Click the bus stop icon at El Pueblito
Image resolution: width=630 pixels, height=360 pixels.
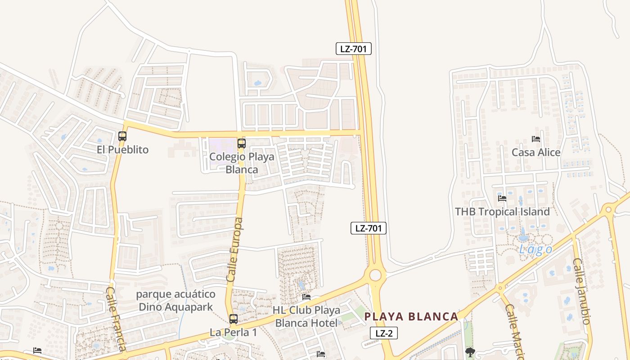tap(122, 136)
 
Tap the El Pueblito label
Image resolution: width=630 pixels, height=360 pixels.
tap(122, 150)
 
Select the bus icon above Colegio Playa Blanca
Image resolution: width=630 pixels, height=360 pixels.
tap(242, 144)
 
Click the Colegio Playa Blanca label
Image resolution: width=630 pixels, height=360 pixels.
tap(242, 163)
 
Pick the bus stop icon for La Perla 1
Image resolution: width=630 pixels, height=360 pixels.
tap(233, 319)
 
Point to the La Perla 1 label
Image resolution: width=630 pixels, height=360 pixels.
tap(233, 333)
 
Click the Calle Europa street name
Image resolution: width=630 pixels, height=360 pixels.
tap(234, 250)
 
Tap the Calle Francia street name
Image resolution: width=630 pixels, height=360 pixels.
tap(115, 319)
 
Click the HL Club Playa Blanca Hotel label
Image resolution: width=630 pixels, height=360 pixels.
tap(306, 317)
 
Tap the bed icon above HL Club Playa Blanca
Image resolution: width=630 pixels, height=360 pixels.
tap(306, 297)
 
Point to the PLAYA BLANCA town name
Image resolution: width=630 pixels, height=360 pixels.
tap(411, 316)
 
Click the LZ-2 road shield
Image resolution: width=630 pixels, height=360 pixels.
tap(384, 333)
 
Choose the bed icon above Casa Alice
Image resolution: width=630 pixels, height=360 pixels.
tap(535, 139)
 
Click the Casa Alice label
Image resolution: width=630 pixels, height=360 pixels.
tap(536, 152)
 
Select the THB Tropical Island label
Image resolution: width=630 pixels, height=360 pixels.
tap(502, 211)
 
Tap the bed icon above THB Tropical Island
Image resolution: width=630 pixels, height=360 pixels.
tap(502, 198)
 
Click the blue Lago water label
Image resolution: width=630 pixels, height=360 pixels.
tap(535, 250)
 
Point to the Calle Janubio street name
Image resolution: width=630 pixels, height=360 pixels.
tap(580, 291)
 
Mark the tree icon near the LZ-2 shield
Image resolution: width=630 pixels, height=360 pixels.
tap(470, 352)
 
